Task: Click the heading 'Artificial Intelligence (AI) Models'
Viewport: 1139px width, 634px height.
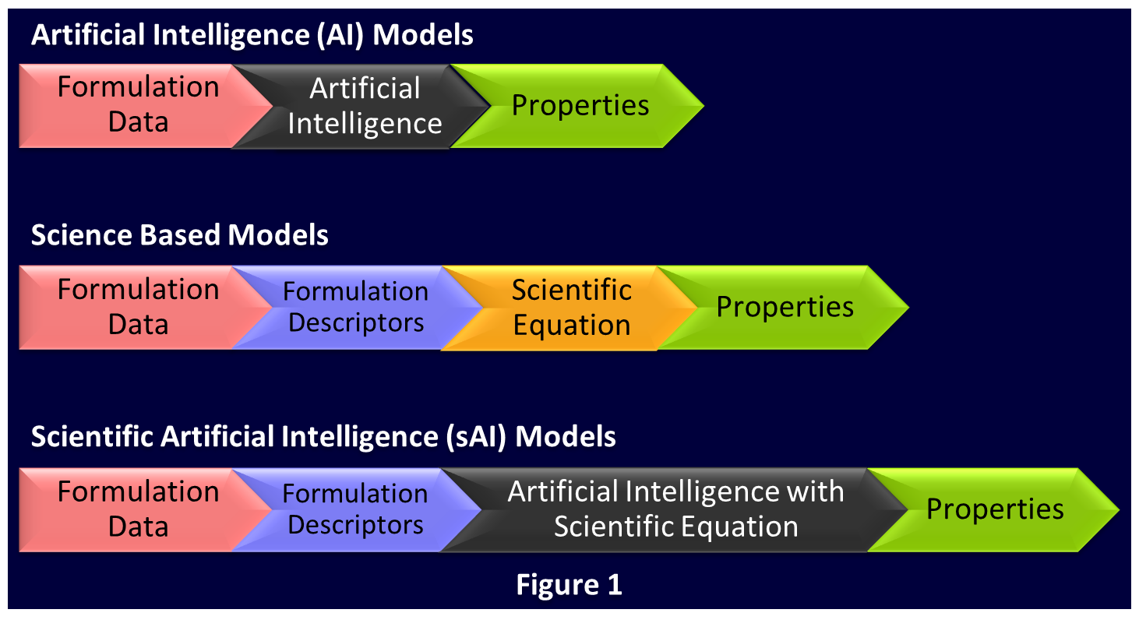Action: tap(252, 35)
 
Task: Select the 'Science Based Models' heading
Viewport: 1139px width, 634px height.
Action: tap(179, 235)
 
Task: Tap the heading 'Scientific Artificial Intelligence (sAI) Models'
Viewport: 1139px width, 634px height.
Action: tap(323, 437)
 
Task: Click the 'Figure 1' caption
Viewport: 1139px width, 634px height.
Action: tap(569, 584)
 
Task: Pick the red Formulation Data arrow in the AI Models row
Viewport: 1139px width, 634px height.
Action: tap(137, 106)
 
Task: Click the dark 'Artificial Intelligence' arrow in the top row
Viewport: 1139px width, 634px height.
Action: tap(361, 106)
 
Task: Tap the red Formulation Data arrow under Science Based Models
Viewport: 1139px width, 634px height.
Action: tap(137, 307)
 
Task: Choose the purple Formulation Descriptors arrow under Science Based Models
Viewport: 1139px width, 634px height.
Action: tap(356, 307)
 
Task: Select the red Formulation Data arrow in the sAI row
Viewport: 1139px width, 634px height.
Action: tap(137, 509)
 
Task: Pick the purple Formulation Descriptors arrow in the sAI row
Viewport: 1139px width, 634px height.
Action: tap(356, 509)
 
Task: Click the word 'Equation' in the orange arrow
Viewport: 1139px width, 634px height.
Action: tap(572, 326)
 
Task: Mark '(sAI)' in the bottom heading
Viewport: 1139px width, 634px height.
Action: tap(476, 437)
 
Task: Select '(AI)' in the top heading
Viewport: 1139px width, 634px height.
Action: tap(340, 35)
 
